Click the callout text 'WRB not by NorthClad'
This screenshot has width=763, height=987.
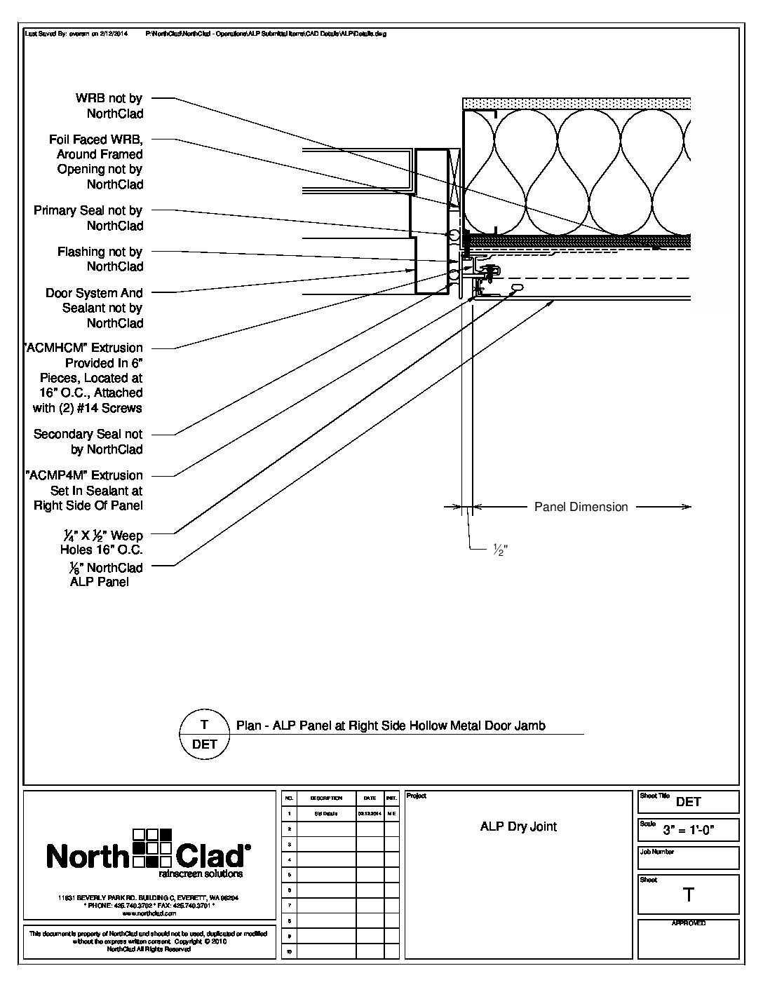(x=109, y=106)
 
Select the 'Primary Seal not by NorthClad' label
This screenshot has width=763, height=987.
(x=88, y=218)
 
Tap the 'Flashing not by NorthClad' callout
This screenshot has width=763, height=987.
(x=100, y=259)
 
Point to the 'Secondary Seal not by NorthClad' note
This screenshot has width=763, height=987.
(x=88, y=442)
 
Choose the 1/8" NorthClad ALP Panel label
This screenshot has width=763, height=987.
(x=102, y=574)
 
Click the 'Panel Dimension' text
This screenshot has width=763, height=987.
(x=581, y=507)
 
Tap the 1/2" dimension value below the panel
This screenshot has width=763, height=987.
(x=499, y=551)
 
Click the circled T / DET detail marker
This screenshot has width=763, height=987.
(x=205, y=734)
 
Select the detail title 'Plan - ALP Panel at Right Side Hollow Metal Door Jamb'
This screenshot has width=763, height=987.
(x=391, y=726)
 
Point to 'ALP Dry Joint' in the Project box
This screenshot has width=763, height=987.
(x=518, y=826)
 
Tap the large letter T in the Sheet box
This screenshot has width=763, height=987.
(x=689, y=894)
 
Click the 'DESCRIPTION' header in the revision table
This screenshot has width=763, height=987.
(x=326, y=798)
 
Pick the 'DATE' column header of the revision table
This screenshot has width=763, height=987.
(x=370, y=798)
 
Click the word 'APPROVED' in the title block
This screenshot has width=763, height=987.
(x=689, y=923)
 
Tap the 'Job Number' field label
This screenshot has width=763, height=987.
(x=656, y=852)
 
